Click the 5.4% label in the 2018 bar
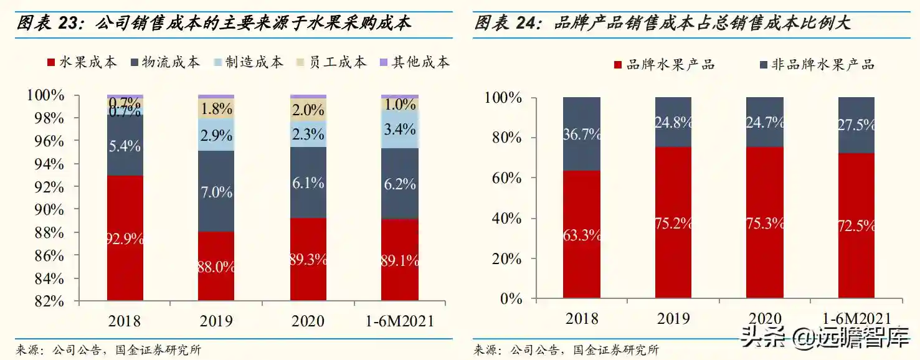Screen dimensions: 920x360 [125, 146]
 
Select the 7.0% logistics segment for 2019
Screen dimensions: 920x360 [216, 191]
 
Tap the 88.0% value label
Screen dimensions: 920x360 [216, 267]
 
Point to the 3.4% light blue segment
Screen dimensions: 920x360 [400, 130]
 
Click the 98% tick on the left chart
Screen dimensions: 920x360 [49, 118]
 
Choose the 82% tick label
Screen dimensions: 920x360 [49, 301]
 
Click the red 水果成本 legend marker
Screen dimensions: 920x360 [51, 62]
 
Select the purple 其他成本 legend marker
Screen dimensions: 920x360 [384, 62]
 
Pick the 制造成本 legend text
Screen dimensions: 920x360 [254, 62]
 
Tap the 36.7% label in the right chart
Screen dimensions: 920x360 [582, 134]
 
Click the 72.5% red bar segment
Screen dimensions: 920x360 [856, 225]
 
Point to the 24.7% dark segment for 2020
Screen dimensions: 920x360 [765, 122]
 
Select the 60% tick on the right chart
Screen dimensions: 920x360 [507, 178]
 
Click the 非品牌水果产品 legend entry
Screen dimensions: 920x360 [817, 64]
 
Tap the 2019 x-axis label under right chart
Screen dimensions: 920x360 [673, 318]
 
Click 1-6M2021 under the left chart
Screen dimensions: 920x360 [400, 321]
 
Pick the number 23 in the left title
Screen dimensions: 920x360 [67, 23]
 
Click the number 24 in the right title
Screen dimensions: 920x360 [525, 23]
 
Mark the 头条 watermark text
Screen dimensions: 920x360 [763, 339]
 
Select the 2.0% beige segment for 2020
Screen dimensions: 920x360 [308, 110]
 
